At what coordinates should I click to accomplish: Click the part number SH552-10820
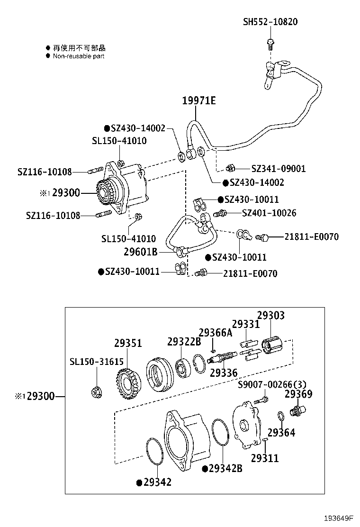pyautogui.click(x=270, y=22)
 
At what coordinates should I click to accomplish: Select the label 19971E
pyautogui.click(x=199, y=100)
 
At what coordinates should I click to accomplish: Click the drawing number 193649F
pyautogui.click(x=339, y=518)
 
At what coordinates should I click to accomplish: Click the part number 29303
pyautogui.click(x=271, y=316)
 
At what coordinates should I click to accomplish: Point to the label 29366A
pyautogui.click(x=216, y=333)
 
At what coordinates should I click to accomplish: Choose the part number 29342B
pyautogui.click(x=225, y=468)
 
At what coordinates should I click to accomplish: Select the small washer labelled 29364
pyautogui.click(x=280, y=416)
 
